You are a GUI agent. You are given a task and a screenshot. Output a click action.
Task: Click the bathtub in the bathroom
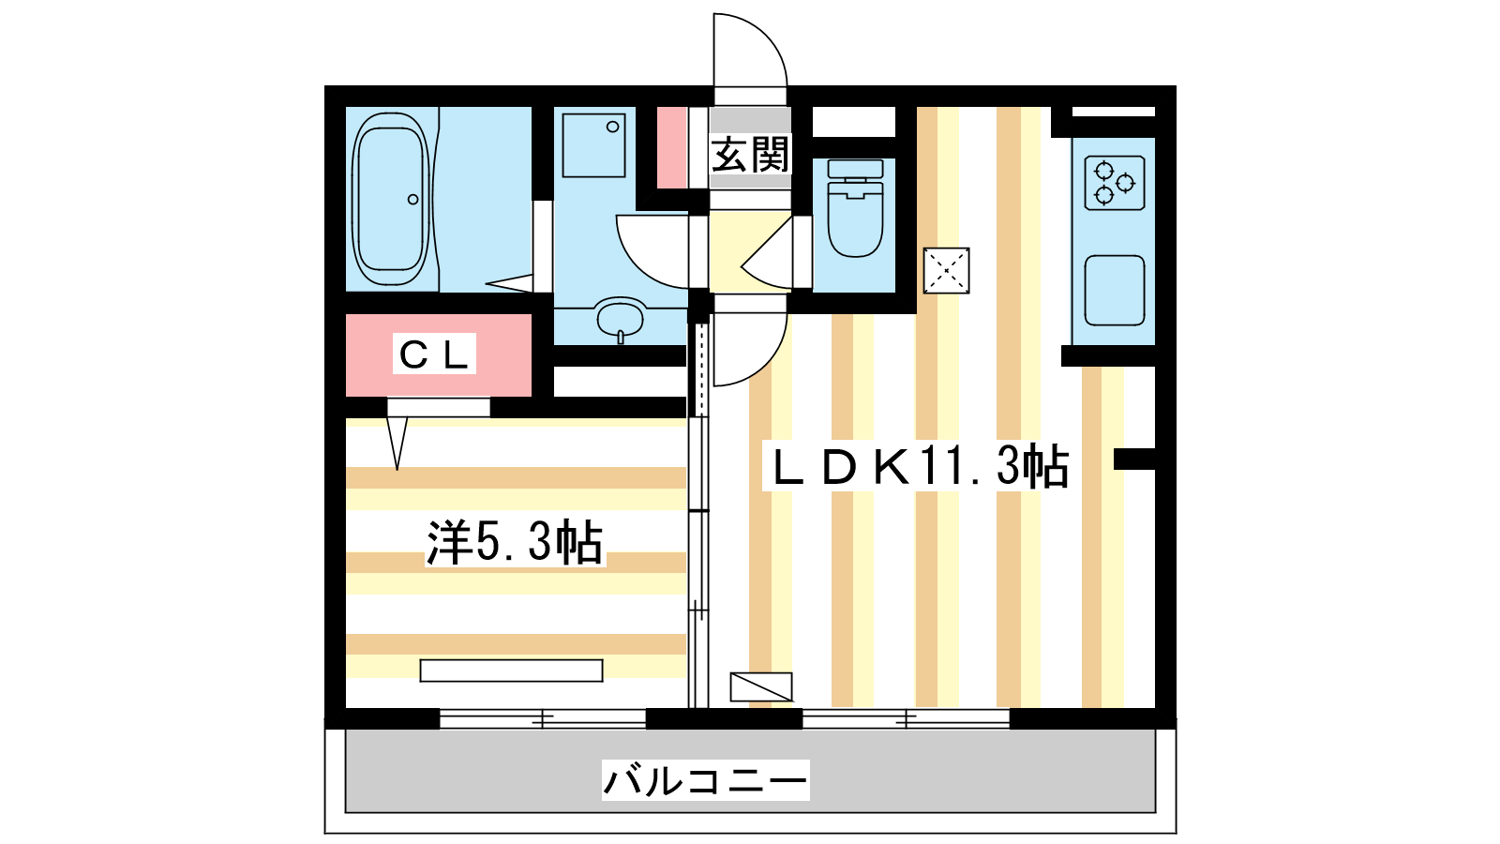(390, 200)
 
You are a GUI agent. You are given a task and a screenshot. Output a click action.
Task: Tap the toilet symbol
(855, 207)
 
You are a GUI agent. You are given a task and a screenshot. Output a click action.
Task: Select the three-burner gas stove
(1115, 183)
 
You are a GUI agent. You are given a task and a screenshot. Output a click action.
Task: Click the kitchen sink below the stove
(1115, 290)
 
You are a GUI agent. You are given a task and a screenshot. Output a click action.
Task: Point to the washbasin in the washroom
(620, 319)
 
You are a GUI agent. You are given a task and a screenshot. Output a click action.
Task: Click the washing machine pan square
(594, 145)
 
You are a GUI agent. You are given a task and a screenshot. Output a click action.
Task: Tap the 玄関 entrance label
(751, 154)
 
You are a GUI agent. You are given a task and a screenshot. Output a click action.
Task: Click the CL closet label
(434, 354)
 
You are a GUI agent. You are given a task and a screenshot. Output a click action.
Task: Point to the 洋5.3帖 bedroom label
(515, 542)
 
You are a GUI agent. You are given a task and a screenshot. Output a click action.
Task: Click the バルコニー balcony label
(705, 780)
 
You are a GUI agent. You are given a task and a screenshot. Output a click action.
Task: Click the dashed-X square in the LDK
(946, 271)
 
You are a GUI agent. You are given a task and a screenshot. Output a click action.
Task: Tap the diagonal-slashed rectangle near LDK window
(761, 686)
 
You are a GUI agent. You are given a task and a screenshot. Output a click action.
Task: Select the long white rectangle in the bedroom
(512, 671)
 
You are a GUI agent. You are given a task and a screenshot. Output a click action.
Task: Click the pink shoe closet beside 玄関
(671, 147)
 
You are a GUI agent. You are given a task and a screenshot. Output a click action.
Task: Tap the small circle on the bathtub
(413, 199)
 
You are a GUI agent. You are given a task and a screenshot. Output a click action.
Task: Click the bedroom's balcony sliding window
(543, 718)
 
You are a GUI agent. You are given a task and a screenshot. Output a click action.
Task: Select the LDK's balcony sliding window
(906, 718)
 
